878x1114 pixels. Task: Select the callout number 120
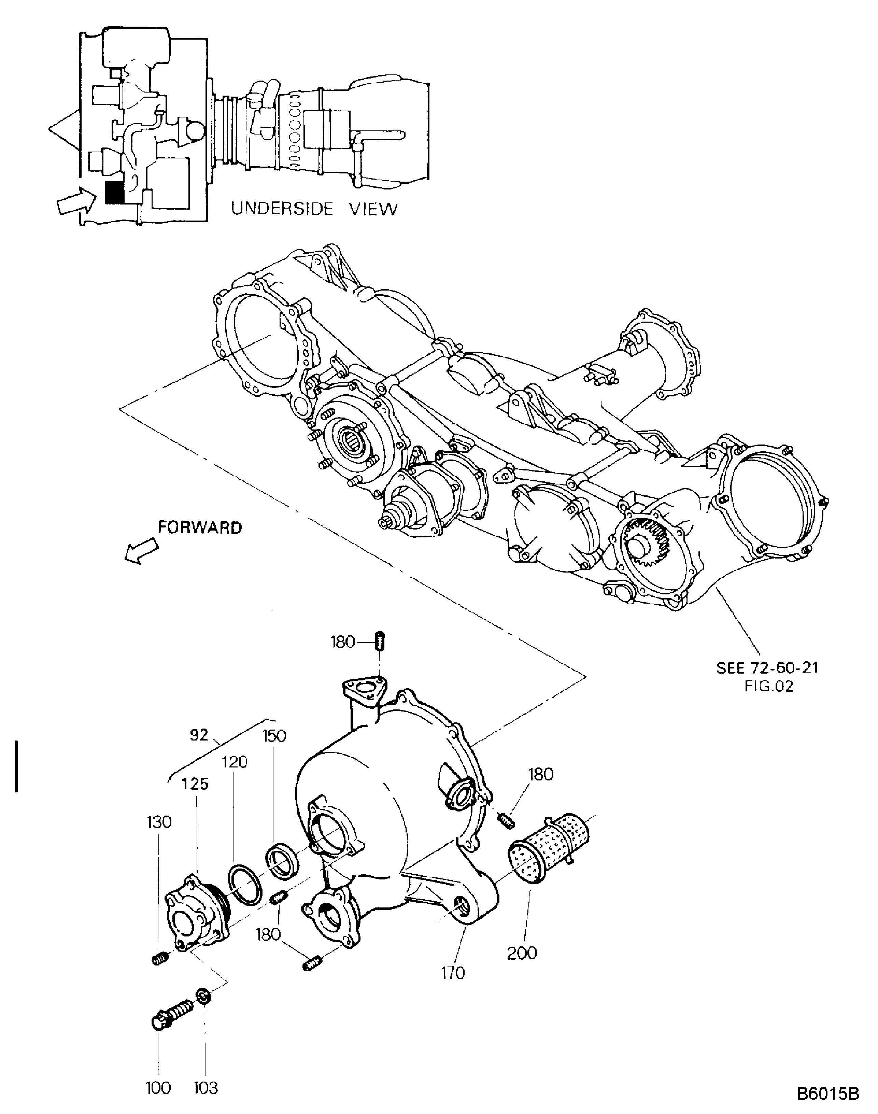point(235,762)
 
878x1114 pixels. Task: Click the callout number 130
point(159,822)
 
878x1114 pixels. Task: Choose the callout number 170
point(453,973)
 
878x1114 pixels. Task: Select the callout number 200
point(522,953)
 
